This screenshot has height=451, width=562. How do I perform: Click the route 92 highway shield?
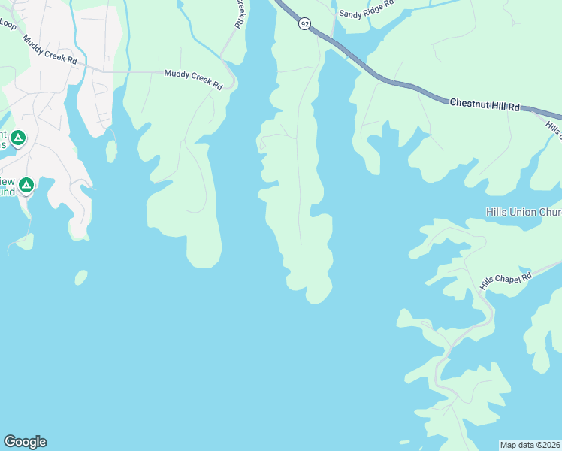304,24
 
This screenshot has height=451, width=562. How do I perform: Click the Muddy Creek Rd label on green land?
193,80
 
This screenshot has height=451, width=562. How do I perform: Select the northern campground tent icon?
18,138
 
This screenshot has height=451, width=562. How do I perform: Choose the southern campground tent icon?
26,184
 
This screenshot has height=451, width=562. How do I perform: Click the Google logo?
25,442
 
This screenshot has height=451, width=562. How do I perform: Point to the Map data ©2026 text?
530,445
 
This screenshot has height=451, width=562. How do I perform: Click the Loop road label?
8,24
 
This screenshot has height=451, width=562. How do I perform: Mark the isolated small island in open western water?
80,277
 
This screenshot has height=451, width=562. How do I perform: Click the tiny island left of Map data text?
405,442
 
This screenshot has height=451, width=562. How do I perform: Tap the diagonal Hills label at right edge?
554,129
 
